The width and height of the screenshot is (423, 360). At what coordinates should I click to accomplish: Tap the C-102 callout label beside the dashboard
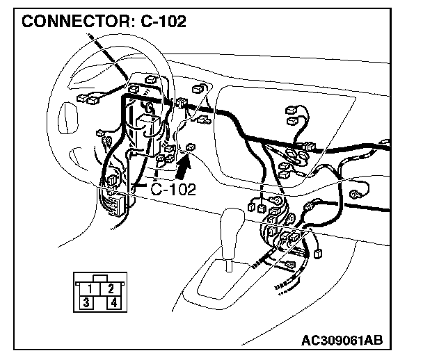point(173,188)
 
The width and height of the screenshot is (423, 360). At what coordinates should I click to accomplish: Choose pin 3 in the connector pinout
point(85,302)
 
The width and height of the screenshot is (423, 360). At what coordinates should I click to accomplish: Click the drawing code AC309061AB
point(344,341)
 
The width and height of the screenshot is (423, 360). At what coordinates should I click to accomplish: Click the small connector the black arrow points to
point(191,147)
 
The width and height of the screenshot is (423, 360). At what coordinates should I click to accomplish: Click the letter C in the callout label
point(157,188)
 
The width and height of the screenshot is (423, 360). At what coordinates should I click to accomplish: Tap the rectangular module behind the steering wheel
point(147,131)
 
